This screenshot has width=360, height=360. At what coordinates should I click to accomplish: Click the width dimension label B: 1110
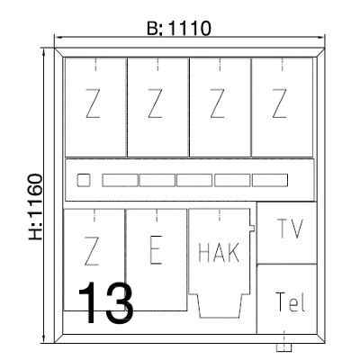coord(179,29)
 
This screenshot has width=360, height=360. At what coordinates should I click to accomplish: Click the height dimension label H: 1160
coord(35,207)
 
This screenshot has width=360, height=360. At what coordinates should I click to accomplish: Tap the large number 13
coord(105,303)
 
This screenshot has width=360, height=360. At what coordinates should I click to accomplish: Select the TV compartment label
coord(290,229)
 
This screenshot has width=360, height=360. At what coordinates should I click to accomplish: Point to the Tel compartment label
coord(290,301)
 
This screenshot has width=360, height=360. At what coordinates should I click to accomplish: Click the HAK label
coord(219,253)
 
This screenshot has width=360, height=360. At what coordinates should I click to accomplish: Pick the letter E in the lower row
coord(156,250)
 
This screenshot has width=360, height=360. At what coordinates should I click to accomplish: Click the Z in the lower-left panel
coord(92,251)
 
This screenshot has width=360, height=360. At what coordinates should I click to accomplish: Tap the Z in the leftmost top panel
coord(93,103)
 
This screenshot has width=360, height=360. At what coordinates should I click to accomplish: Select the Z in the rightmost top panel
coord(279,103)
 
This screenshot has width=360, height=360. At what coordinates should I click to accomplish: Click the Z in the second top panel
coord(155,103)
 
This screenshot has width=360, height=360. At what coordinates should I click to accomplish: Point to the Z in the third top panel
coord(217,103)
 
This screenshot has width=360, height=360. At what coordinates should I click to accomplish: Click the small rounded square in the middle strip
coord(84,180)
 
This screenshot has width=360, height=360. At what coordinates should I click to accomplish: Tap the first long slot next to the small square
coord(120,180)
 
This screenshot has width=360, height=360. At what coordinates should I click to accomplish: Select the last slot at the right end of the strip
coord(270,180)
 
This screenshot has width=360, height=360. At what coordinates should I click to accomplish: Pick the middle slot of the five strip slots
coord(194,180)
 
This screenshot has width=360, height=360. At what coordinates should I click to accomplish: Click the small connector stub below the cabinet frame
coord(283,347)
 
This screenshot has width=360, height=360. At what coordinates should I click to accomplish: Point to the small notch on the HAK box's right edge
coord(252,228)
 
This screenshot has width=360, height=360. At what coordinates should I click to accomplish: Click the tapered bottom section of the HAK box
coord(220,306)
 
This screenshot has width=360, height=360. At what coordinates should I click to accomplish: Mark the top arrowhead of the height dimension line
coord(44,52)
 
